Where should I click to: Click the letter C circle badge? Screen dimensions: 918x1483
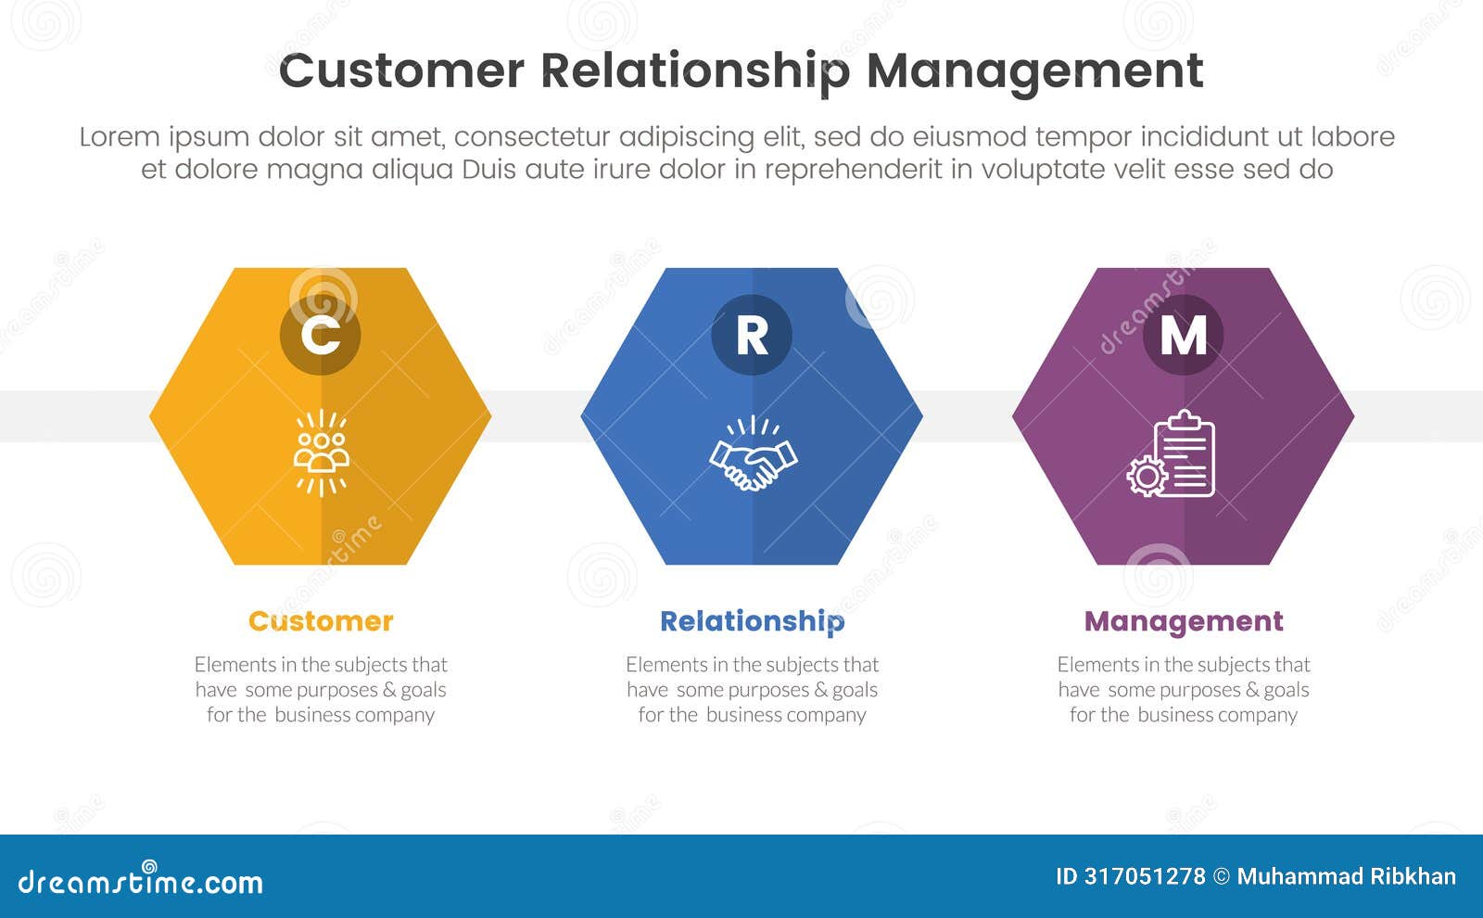click(320, 335)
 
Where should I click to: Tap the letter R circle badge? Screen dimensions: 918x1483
click(752, 335)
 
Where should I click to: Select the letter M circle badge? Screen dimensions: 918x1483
click(1183, 335)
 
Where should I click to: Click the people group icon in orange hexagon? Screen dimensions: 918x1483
click(321, 452)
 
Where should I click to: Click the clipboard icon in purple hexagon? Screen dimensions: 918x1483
click(1185, 453)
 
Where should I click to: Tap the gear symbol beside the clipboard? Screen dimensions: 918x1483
click(1147, 476)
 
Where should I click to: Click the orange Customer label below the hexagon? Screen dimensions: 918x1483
click(321, 621)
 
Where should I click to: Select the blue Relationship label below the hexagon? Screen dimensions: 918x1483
click(752, 621)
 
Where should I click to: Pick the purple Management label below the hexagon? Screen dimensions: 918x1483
click(1184, 621)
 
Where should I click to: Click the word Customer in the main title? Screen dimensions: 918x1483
click(401, 71)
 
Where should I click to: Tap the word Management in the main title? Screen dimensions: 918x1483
click(1034, 71)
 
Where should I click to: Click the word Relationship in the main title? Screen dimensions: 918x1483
click(694, 71)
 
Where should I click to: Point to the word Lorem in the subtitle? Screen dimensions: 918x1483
click(120, 137)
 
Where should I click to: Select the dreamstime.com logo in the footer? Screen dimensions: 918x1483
click(140, 880)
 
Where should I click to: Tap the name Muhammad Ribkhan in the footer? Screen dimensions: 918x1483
click(1346, 876)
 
